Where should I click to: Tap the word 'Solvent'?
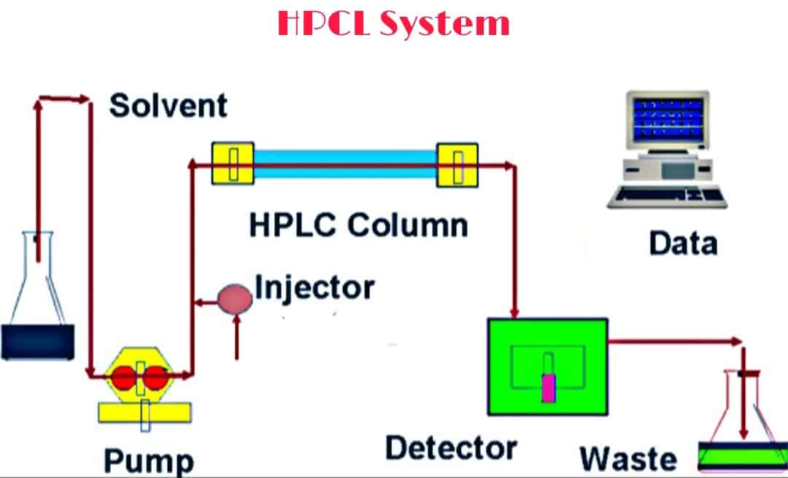coord(168,106)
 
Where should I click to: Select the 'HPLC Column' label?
coord(358,224)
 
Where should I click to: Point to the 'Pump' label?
coord(149,460)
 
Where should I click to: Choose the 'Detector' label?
coord(451,447)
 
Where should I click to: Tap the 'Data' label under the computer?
coord(683,243)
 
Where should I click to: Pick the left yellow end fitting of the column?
coord(232,163)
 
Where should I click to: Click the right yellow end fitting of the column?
coord(457,163)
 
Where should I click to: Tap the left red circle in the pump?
coord(124,377)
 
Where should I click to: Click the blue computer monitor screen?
coord(668,119)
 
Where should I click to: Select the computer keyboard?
coord(669,196)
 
